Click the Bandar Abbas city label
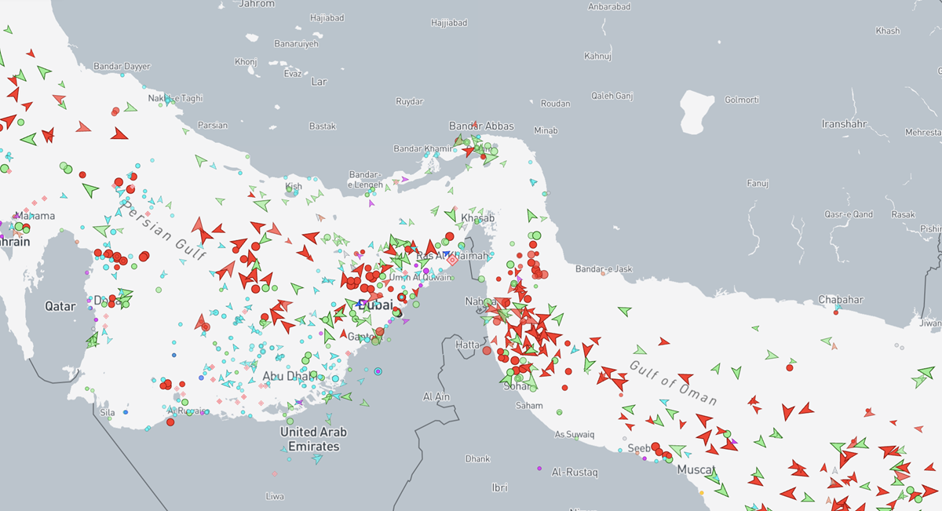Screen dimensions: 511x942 tap(481, 126)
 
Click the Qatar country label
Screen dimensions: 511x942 tap(60, 305)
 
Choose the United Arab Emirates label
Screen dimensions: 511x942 tap(313, 439)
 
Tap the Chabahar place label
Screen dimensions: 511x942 tap(840, 300)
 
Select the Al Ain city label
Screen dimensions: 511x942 tap(436, 397)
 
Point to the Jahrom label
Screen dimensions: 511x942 tap(257, 4)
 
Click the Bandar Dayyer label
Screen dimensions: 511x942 tap(122, 67)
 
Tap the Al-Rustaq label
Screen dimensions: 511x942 tap(575, 473)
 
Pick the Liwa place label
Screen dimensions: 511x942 tap(275, 496)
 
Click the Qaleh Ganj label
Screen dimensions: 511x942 tap(612, 97)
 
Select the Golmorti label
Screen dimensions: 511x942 tap(741, 100)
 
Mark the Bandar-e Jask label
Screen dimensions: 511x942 tap(604, 269)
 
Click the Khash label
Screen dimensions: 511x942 tap(888, 31)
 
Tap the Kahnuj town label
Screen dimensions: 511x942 tap(597, 57)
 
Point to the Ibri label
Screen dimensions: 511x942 tap(499, 487)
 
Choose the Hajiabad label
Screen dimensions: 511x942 tap(327, 17)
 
